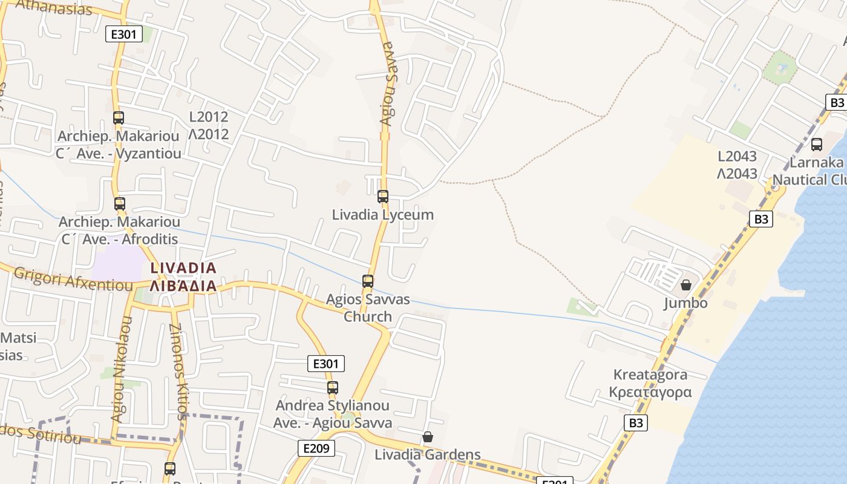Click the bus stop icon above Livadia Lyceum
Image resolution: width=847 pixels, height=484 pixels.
382,196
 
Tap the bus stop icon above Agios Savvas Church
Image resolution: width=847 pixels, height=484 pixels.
367,281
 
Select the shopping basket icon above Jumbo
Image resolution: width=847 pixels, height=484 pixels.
686,284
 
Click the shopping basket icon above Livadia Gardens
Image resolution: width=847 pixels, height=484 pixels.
428,436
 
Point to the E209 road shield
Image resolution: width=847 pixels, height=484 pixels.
316,448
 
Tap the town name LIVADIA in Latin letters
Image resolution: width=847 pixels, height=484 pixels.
183,267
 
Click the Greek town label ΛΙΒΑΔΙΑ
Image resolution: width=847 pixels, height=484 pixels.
183,286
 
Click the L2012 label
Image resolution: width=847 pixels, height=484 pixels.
209,117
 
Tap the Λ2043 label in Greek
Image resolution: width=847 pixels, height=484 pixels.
737,174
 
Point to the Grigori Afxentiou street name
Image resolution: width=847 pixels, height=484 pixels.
73,280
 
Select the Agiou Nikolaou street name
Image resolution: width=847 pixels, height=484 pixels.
121,369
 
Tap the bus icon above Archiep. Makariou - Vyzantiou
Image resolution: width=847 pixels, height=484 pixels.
119,117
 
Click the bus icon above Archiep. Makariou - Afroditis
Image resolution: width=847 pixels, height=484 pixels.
120,203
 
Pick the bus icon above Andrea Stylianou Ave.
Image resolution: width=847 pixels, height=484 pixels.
332,387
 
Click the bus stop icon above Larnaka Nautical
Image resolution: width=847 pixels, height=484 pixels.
817,144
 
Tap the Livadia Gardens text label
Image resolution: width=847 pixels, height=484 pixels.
427,454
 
